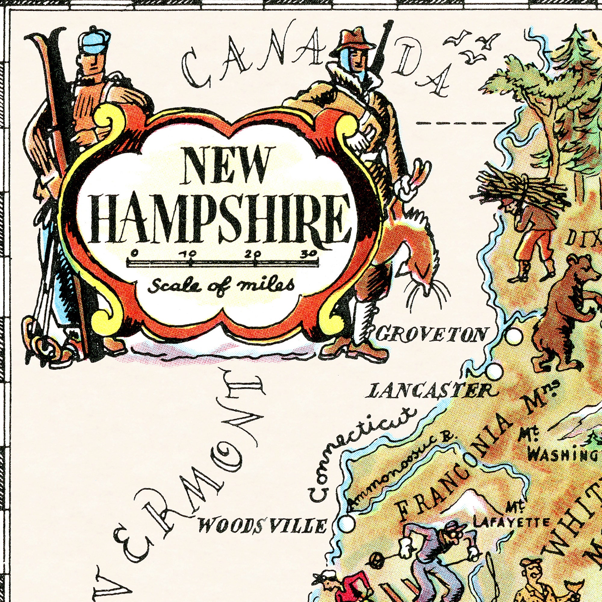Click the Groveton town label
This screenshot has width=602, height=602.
tap(431, 335)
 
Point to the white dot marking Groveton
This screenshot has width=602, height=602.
tap(514, 336)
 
